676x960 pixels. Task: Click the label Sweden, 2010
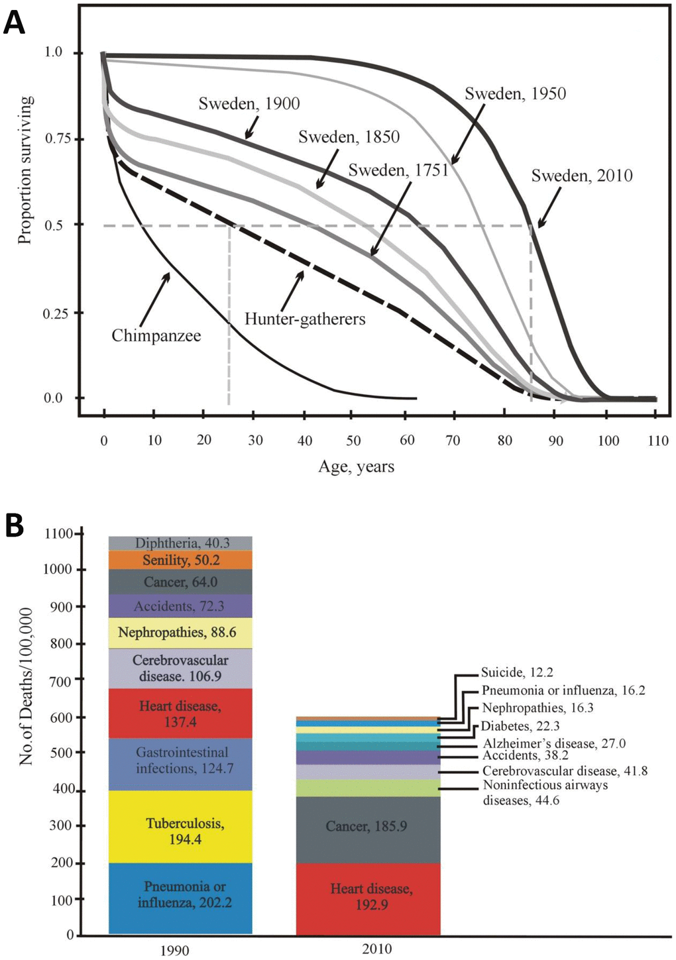[x=582, y=176]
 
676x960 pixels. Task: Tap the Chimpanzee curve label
[x=156, y=335]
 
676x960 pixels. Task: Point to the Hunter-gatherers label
[x=305, y=319]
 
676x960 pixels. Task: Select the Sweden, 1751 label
[x=398, y=170]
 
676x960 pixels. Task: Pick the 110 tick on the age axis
[x=658, y=441]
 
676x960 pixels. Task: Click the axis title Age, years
[x=356, y=466]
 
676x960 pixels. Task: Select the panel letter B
[x=14, y=526]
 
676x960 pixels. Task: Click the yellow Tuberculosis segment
[x=180, y=826]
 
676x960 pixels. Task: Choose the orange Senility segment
[x=180, y=560]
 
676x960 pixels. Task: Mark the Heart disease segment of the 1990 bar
[x=180, y=714]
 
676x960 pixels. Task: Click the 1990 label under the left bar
[x=174, y=951]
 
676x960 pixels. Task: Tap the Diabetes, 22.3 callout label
[x=520, y=726]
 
